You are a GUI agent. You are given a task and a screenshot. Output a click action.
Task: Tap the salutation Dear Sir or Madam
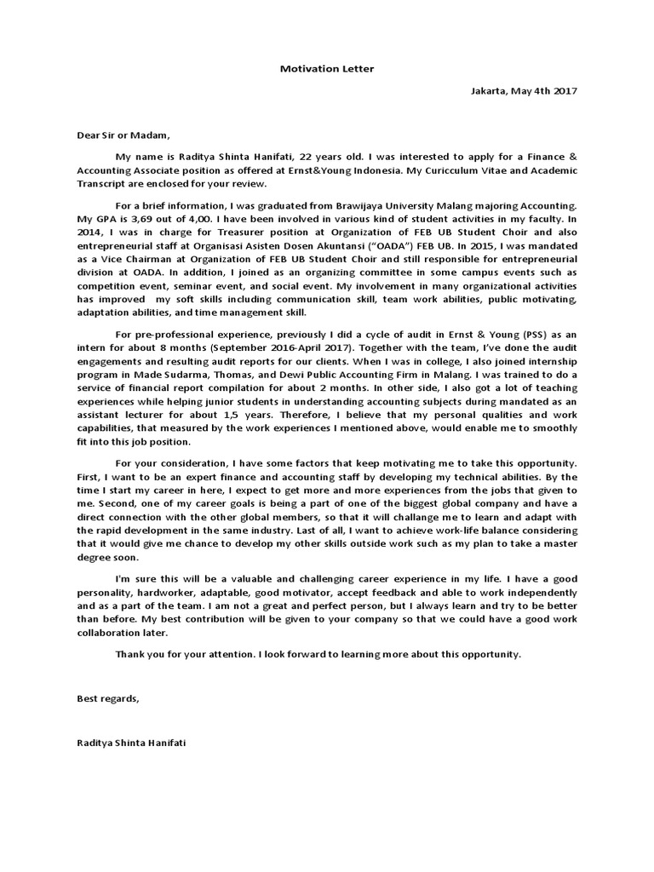click(123, 134)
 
